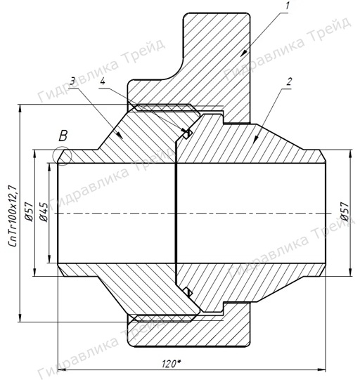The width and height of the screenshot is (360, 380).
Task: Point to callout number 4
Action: point(104,83)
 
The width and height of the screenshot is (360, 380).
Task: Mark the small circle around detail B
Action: point(60,157)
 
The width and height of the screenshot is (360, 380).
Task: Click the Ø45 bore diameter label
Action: point(44,212)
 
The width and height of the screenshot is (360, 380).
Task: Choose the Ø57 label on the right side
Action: point(344,212)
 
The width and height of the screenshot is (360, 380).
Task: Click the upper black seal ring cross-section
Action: point(187,133)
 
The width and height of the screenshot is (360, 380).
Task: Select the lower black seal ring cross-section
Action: point(187,291)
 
